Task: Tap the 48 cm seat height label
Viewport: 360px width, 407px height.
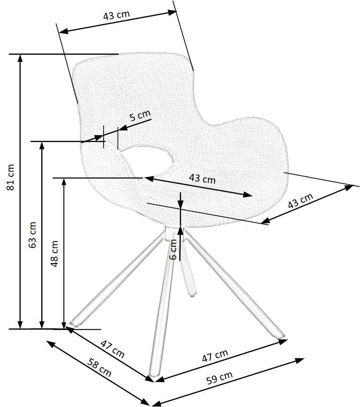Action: [55, 253]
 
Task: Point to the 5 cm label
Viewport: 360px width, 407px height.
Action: [140, 115]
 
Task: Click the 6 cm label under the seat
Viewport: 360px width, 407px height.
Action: [173, 249]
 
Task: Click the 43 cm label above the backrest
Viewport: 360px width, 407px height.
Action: [116, 15]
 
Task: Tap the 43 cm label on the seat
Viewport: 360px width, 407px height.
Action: [202, 178]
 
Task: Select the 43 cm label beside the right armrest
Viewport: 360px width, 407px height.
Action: [300, 201]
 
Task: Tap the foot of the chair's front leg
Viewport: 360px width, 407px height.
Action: [151, 377]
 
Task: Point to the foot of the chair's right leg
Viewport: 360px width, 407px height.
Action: [280, 336]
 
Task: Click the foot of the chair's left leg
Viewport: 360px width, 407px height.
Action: [74, 323]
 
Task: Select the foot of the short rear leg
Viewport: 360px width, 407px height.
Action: [192, 294]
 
